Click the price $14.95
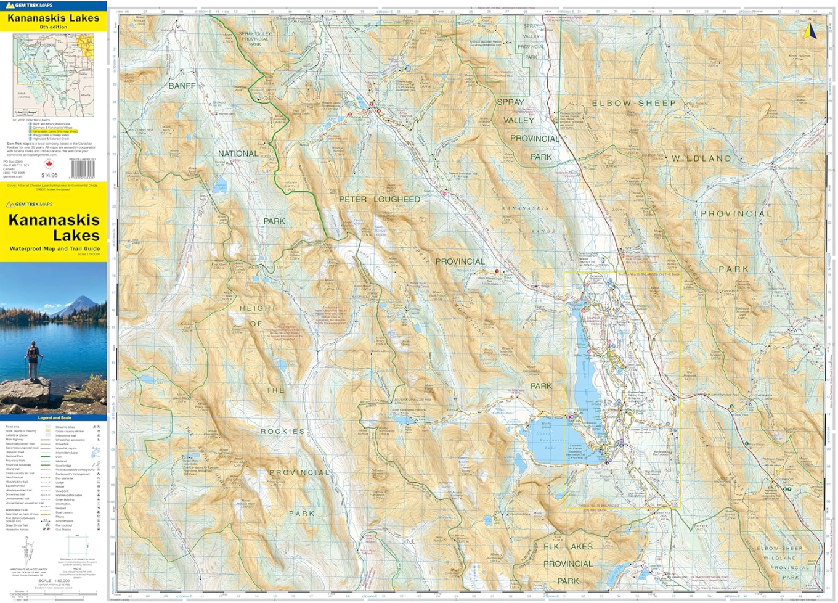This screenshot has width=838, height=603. click(x=49, y=175)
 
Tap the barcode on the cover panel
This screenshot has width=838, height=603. click(x=83, y=169)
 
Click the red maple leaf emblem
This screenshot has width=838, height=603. click(x=49, y=164)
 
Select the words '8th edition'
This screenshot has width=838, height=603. click(x=53, y=27)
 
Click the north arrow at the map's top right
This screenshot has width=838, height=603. click(x=810, y=31)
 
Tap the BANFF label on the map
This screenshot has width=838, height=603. click(x=182, y=86)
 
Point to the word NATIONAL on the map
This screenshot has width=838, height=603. click(x=238, y=154)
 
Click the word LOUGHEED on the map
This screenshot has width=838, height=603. click(x=397, y=199)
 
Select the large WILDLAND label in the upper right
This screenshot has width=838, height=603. click(x=701, y=158)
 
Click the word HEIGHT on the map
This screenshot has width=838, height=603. click(x=258, y=308)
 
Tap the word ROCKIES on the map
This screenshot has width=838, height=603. click(x=282, y=431)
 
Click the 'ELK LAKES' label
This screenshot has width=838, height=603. click(x=567, y=546)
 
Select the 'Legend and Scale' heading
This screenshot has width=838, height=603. click(x=54, y=418)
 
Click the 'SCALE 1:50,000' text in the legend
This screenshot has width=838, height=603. click(x=54, y=581)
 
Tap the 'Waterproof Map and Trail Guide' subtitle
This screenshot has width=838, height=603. click(x=54, y=248)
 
